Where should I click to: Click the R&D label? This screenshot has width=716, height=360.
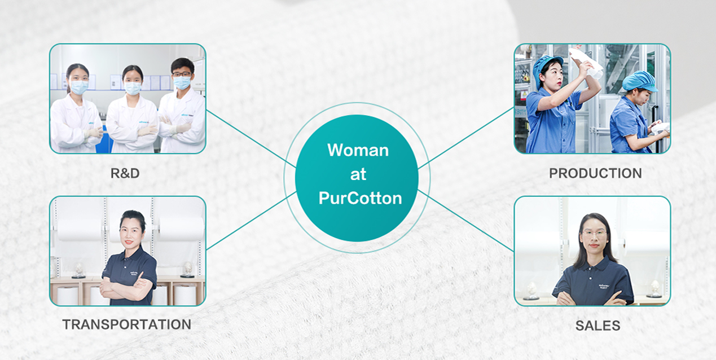(125, 173)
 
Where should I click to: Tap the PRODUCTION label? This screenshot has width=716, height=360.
(595, 173)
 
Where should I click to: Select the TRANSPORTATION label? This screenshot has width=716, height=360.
(127, 324)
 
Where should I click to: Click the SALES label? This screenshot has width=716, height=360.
(598, 326)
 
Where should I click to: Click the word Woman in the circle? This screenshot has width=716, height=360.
(358, 150)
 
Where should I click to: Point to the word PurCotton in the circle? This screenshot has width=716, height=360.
(360, 198)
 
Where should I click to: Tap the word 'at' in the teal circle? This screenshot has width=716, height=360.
(358, 174)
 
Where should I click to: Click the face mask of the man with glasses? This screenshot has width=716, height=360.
(182, 82)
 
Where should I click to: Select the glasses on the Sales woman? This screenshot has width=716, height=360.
(594, 233)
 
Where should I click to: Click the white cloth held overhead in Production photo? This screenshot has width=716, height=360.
(586, 62)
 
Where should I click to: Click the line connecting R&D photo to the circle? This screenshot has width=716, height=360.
(251, 138)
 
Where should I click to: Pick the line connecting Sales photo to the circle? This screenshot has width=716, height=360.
(465, 220)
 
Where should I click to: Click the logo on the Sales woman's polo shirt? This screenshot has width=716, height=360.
(604, 286)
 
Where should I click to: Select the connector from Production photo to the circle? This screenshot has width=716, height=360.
(466, 138)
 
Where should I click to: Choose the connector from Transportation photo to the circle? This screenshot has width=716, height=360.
(251, 221)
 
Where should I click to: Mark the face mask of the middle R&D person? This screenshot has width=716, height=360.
(133, 88)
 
